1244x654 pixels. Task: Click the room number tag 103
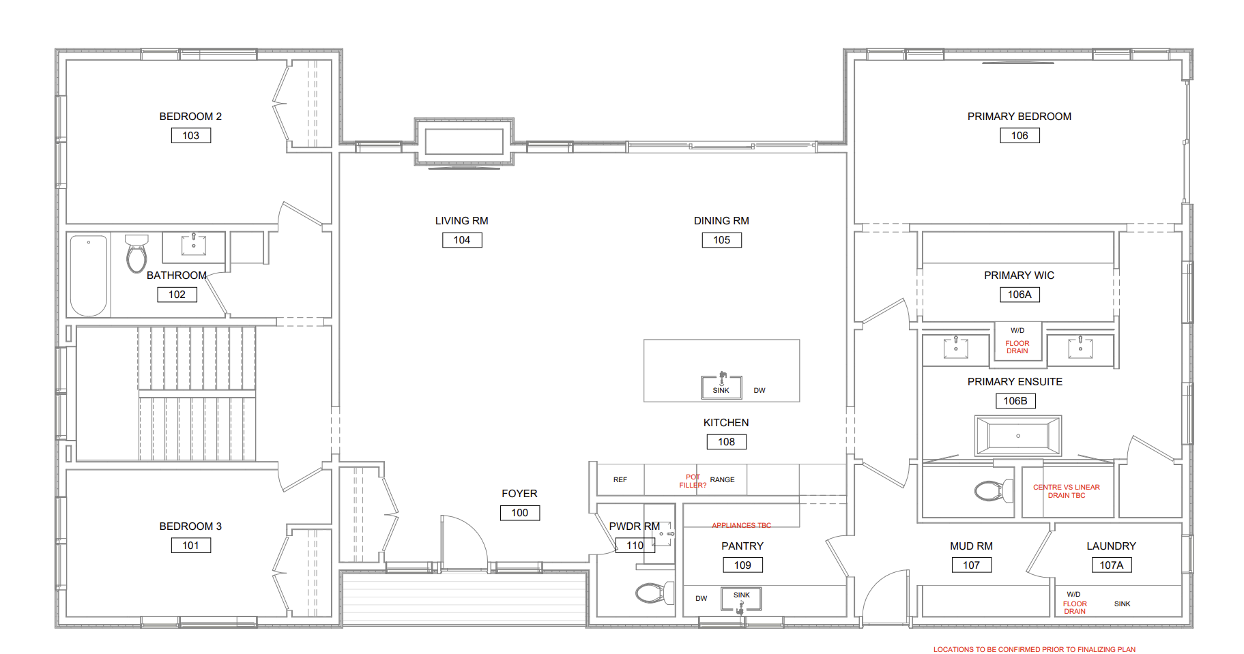click(191, 136)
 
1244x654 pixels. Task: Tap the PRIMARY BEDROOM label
click(1019, 117)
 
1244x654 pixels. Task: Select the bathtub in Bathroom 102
click(89, 276)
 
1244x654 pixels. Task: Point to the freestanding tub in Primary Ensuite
click(1018, 436)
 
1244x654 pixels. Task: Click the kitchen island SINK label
click(721, 391)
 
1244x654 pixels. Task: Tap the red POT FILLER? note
click(693, 481)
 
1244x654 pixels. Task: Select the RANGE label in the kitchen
click(722, 480)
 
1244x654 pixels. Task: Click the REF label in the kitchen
click(620, 480)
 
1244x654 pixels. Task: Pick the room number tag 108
click(727, 442)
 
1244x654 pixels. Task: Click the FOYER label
click(519, 494)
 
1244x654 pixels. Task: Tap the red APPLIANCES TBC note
click(741, 525)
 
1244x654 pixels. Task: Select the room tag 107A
click(1112, 565)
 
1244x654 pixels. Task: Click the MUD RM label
click(971, 546)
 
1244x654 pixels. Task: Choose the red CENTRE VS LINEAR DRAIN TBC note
click(1067, 491)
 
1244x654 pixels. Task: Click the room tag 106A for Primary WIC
click(1019, 295)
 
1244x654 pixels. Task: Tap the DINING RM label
click(721, 221)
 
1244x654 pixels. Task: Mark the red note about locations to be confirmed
click(1035, 649)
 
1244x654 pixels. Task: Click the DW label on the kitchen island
click(760, 391)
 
